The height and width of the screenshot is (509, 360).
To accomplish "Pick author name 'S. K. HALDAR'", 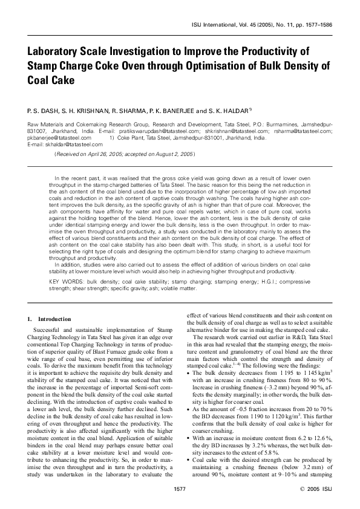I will pos(230,111).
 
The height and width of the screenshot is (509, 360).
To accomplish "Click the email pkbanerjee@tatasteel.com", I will pos(58,138).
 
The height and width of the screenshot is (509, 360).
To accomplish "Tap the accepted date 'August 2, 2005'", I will pos(173,155).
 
